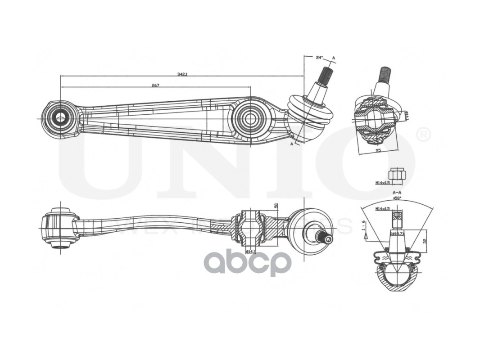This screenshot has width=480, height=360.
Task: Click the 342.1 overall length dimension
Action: point(182,74)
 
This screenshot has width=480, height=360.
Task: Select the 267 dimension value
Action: point(155,85)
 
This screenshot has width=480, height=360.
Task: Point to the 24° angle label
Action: point(319,58)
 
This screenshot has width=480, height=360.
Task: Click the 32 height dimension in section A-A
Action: point(425,241)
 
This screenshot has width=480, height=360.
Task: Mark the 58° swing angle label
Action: point(397,198)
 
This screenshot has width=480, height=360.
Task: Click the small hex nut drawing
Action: point(397,173)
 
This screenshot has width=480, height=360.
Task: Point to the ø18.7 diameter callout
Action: point(396,234)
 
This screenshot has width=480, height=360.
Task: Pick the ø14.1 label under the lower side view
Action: point(250,251)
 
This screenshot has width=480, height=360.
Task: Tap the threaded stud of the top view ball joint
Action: point(325,75)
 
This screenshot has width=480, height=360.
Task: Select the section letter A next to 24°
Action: point(334,58)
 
